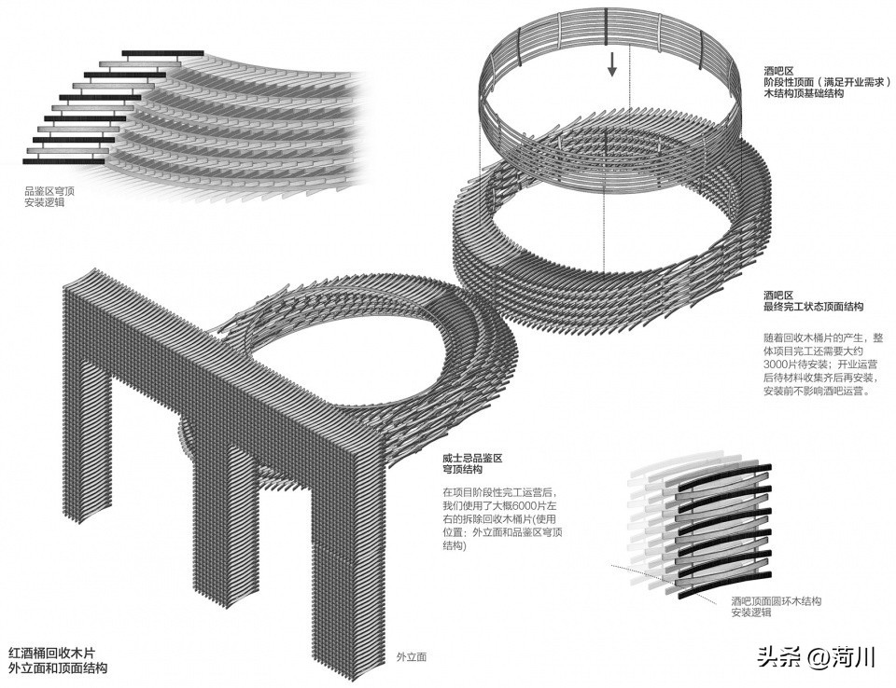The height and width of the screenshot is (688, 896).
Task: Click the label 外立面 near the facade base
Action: (411, 657)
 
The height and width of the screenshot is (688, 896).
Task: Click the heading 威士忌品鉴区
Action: (473, 460)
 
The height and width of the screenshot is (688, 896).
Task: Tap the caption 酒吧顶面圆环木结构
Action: (777, 602)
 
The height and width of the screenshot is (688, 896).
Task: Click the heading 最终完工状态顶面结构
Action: (813, 306)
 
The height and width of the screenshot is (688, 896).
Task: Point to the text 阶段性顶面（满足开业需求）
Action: (819, 83)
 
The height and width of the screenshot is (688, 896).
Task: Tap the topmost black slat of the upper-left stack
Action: (163, 53)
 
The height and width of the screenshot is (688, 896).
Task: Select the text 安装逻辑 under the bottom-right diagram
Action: (750, 614)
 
